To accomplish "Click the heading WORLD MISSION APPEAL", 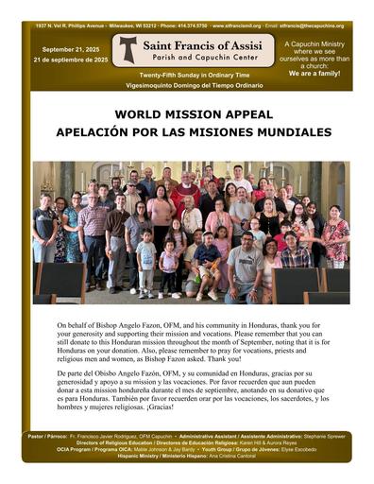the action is click(187, 112).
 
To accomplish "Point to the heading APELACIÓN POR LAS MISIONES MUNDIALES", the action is click(187, 130).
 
